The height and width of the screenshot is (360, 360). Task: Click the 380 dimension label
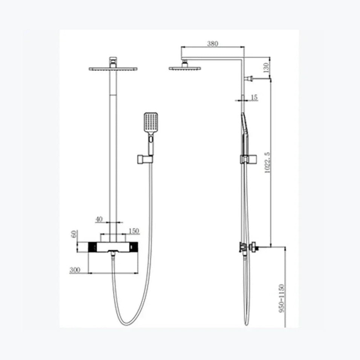click(213, 43)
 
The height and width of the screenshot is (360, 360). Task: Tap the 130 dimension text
click(266, 67)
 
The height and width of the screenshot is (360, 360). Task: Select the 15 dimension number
click(254, 97)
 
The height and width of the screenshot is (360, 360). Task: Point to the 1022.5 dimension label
click(268, 162)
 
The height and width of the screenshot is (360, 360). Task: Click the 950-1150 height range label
click(282, 298)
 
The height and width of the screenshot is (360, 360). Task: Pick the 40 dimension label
click(99, 219)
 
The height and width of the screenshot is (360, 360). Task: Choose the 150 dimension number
click(134, 231)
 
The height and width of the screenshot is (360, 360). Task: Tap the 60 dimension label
click(74, 234)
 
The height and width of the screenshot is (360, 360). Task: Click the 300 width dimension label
click(75, 270)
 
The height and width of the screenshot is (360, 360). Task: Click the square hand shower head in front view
click(151, 123)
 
